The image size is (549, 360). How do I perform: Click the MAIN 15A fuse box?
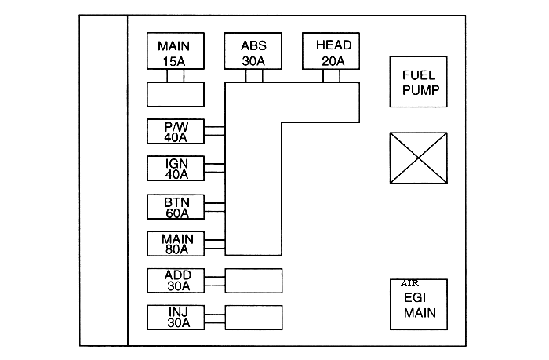tap(176, 52)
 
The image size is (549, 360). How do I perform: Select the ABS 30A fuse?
tap(253, 52)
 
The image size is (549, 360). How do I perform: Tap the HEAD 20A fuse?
tap(333, 52)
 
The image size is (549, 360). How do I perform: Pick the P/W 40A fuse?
tap(176, 132)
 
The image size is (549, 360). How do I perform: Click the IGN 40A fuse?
tap(176, 169)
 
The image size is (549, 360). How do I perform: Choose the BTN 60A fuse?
tap(176, 206)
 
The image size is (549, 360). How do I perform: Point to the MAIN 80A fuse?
tap(176, 243)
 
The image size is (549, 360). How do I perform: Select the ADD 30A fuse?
tap(176, 280)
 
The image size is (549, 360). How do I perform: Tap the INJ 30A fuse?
tap(176, 317)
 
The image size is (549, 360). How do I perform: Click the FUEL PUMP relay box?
tap(419, 82)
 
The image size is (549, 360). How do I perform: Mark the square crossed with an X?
tap(419, 158)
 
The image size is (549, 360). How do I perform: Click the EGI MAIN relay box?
tap(419, 305)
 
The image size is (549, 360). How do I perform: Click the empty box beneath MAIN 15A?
tap(176, 94)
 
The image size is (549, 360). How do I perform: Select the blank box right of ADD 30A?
tap(253, 280)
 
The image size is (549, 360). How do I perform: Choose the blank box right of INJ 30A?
tap(253, 317)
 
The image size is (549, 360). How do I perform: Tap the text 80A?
tap(176, 250)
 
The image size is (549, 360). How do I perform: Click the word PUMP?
tap(420, 90)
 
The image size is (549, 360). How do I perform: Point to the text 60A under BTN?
tap(176, 213)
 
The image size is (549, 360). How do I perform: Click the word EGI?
tap(419, 298)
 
